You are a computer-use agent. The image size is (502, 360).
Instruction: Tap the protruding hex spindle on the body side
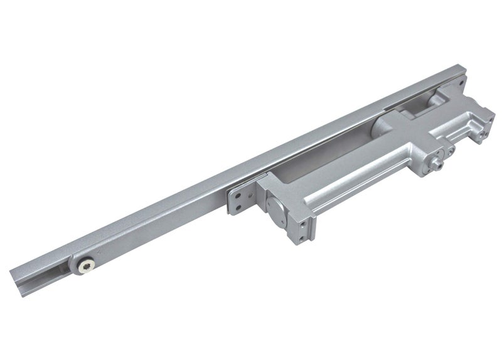click(x=434, y=162)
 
